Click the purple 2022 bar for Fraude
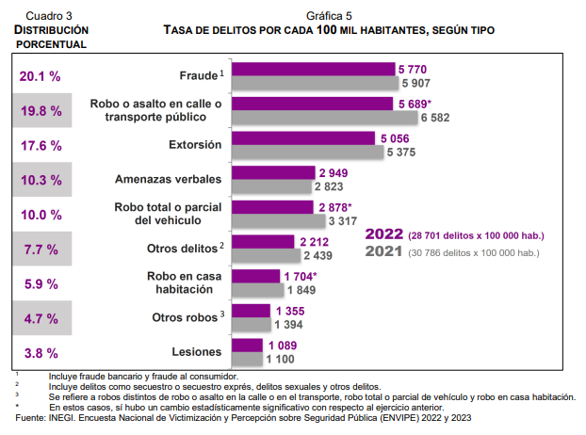[x=313, y=69]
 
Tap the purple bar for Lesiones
[x=247, y=346]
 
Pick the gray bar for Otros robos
[x=250, y=324]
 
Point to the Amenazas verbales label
[x=168, y=180]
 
